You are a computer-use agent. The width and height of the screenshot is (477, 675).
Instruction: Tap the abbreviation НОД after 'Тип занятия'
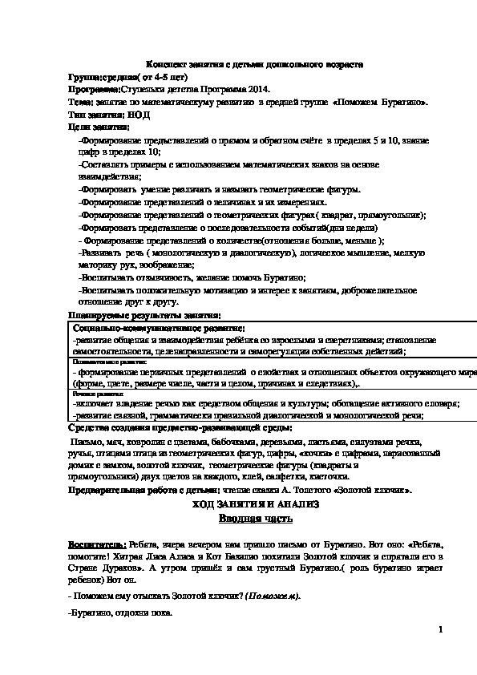tap(139, 115)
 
